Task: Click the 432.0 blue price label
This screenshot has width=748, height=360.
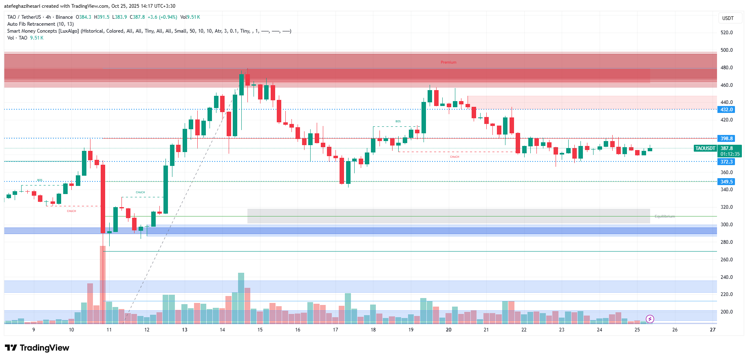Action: pyautogui.click(x=726, y=110)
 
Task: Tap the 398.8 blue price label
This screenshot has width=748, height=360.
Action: pyautogui.click(x=726, y=139)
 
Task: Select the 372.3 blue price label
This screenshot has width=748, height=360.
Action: pyautogui.click(x=726, y=162)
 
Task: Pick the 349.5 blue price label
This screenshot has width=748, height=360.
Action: pyautogui.click(x=726, y=182)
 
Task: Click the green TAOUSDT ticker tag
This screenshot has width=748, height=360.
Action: pyautogui.click(x=705, y=148)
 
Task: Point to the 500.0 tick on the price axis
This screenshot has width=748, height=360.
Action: pyautogui.click(x=726, y=50)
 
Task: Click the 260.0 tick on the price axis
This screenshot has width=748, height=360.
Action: pyautogui.click(x=726, y=260)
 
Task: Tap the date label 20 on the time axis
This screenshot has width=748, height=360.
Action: pyautogui.click(x=448, y=330)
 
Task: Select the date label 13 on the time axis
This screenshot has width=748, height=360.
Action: pyautogui.click(x=185, y=330)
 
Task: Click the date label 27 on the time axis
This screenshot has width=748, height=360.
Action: pyautogui.click(x=713, y=330)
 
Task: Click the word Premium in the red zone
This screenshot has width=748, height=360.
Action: pyautogui.click(x=448, y=62)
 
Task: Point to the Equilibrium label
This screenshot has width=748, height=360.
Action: pyautogui.click(x=664, y=216)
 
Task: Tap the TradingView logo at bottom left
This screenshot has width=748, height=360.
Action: pyautogui.click(x=37, y=348)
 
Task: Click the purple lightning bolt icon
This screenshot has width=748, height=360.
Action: pyautogui.click(x=650, y=319)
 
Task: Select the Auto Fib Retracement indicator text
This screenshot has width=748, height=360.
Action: pyautogui.click(x=40, y=24)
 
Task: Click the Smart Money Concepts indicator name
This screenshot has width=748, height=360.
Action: pyautogui.click(x=43, y=31)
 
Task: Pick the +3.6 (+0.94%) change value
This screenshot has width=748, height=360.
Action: pyautogui.click(x=162, y=17)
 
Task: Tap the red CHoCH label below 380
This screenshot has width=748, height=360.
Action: pyautogui.click(x=455, y=157)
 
